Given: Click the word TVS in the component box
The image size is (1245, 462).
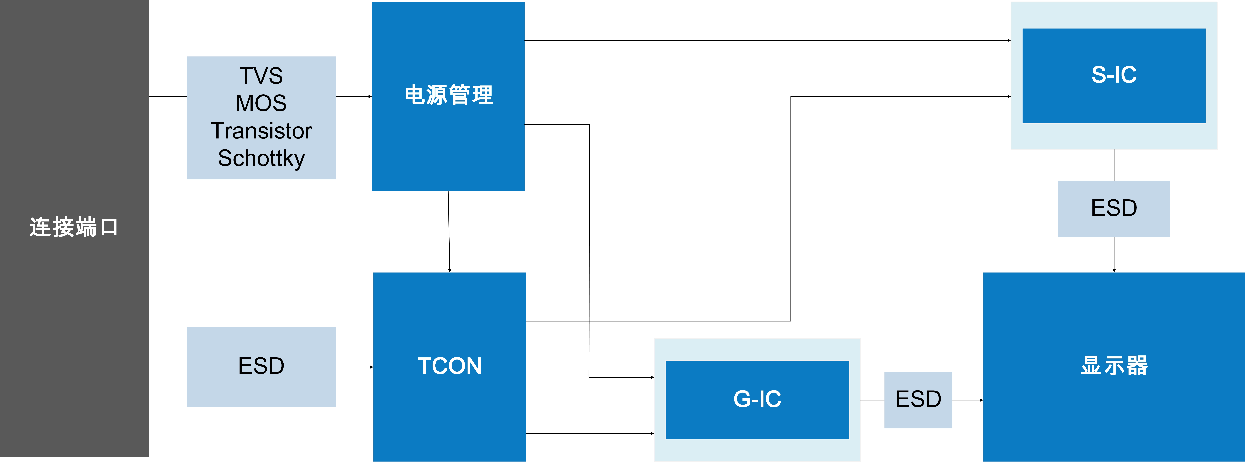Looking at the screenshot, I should click(x=261, y=76).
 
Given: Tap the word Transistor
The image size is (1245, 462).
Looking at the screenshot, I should click(x=261, y=131).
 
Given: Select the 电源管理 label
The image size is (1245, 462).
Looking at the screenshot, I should click(x=448, y=95).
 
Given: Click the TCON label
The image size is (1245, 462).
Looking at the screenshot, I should click(x=449, y=366).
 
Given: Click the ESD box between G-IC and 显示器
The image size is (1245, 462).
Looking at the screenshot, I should click(x=918, y=400).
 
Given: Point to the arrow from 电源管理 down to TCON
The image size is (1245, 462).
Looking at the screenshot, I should click(x=449, y=232).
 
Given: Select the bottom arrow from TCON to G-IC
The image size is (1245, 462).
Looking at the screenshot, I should click(x=590, y=434).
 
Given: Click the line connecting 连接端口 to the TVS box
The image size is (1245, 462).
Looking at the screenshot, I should click(x=168, y=97).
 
